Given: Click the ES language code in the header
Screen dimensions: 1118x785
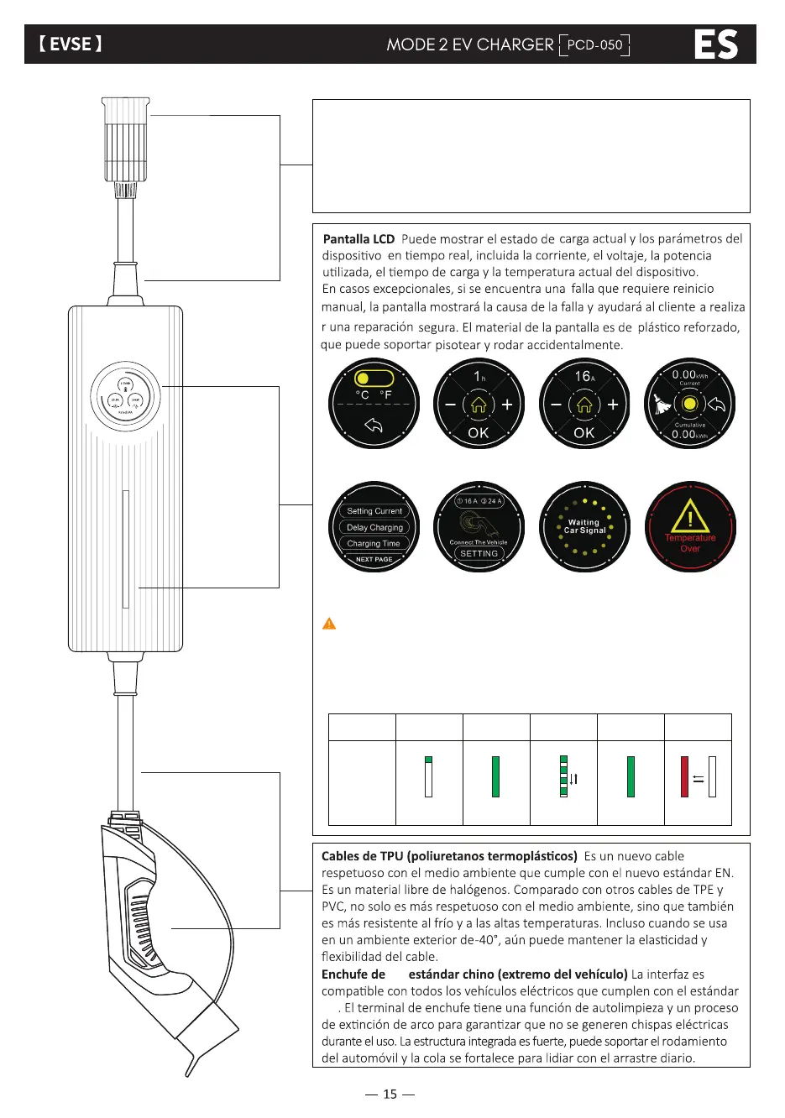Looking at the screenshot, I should pos(715,44).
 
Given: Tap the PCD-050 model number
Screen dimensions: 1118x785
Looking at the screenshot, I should pos(594,44).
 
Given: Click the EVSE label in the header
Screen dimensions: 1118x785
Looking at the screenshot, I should pos(71,44).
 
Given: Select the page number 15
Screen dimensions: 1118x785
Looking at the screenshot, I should pos(390,1094).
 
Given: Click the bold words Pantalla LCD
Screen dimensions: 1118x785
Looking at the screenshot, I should pos(358,239).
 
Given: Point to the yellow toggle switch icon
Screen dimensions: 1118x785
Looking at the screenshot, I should pos(373,379).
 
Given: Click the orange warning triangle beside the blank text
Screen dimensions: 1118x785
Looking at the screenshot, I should pos(329,624).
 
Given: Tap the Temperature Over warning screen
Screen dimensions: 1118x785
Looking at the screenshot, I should pos(690,527).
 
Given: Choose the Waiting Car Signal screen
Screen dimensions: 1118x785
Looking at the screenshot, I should pos(584,527).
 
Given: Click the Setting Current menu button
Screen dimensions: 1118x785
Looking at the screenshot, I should pos(374,510).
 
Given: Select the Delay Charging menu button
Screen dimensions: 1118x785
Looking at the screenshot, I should pos(374,527).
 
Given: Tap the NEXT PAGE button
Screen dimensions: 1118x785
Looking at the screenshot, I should pos(374,559).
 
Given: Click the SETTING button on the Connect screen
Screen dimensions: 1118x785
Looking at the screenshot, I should pos(479,554).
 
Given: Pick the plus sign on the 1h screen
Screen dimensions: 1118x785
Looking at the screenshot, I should pos(507,405).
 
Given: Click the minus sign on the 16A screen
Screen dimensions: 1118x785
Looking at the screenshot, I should pos(556,405).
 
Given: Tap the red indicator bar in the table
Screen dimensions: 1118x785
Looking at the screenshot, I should pos(685,776).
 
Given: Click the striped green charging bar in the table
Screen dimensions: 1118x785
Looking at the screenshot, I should pos(564,776).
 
